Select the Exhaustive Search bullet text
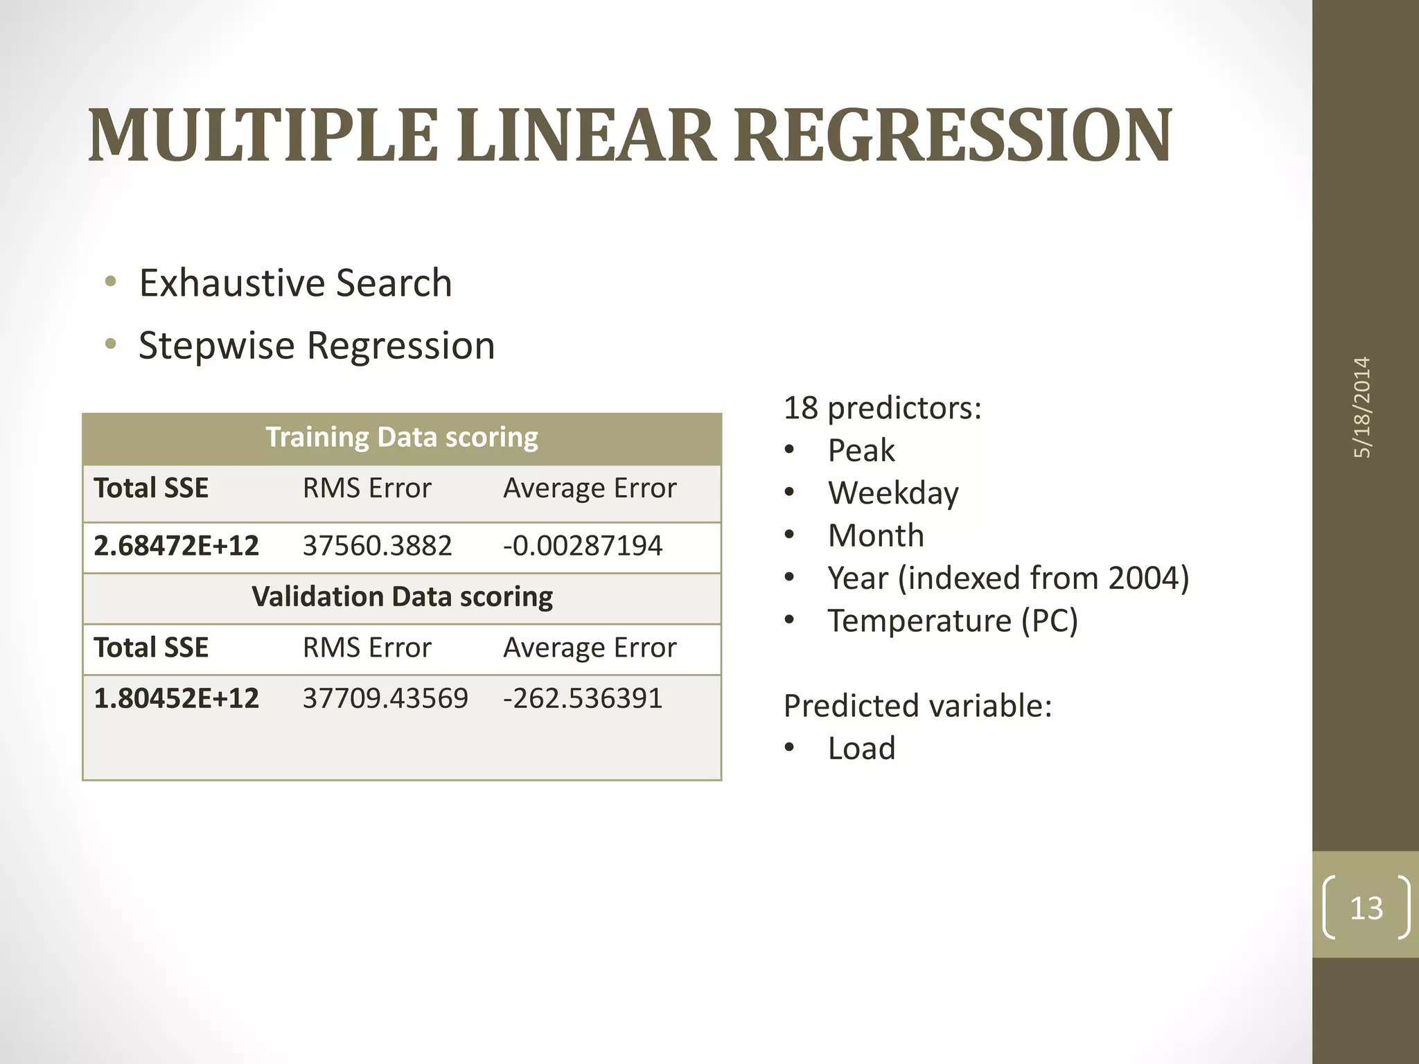(x=295, y=283)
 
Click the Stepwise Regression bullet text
(x=317, y=346)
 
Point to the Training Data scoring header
(x=402, y=438)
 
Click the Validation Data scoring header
(x=402, y=597)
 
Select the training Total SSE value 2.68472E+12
(x=176, y=546)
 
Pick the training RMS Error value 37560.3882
(x=377, y=546)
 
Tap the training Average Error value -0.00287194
(x=582, y=546)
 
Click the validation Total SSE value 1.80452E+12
(x=176, y=698)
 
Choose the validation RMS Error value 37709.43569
(x=385, y=698)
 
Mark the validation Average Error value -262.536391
(x=582, y=698)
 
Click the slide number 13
(x=1366, y=908)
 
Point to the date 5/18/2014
(x=1362, y=407)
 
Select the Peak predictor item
(x=861, y=451)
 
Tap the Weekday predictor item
(x=893, y=493)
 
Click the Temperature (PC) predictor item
(x=953, y=621)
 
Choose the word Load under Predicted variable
(x=861, y=749)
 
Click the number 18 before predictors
(x=800, y=408)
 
